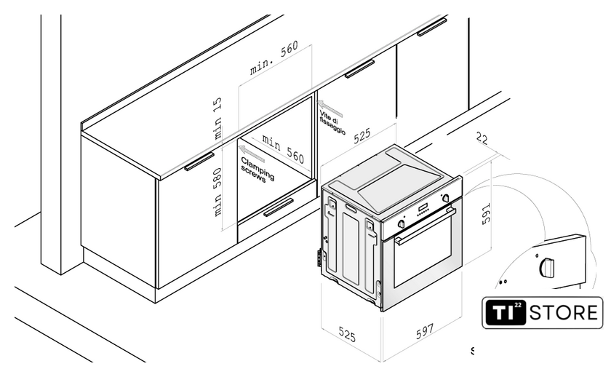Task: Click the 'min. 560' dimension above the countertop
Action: point(274,57)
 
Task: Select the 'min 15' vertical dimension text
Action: point(217,118)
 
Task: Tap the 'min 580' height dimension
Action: point(217,192)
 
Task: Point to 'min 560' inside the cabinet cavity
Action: point(283,148)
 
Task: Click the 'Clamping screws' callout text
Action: point(257,170)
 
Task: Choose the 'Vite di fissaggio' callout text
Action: point(332,123)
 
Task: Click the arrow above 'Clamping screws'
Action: point(252,154)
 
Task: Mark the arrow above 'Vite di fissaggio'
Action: point(330,108)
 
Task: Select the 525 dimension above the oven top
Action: point(362,135)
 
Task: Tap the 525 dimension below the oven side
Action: point(347,334)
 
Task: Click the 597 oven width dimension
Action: point(424,331)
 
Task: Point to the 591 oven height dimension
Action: point(486,213)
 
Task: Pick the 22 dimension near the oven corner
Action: point(482,138)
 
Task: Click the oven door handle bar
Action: point(425,226)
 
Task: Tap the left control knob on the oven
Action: point(401,223)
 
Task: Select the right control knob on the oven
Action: point(445,198)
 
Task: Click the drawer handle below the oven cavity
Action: point(279,207)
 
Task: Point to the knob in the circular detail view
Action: point(546,267)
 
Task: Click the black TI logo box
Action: point(505,312)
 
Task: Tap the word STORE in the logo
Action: point(564,313)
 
